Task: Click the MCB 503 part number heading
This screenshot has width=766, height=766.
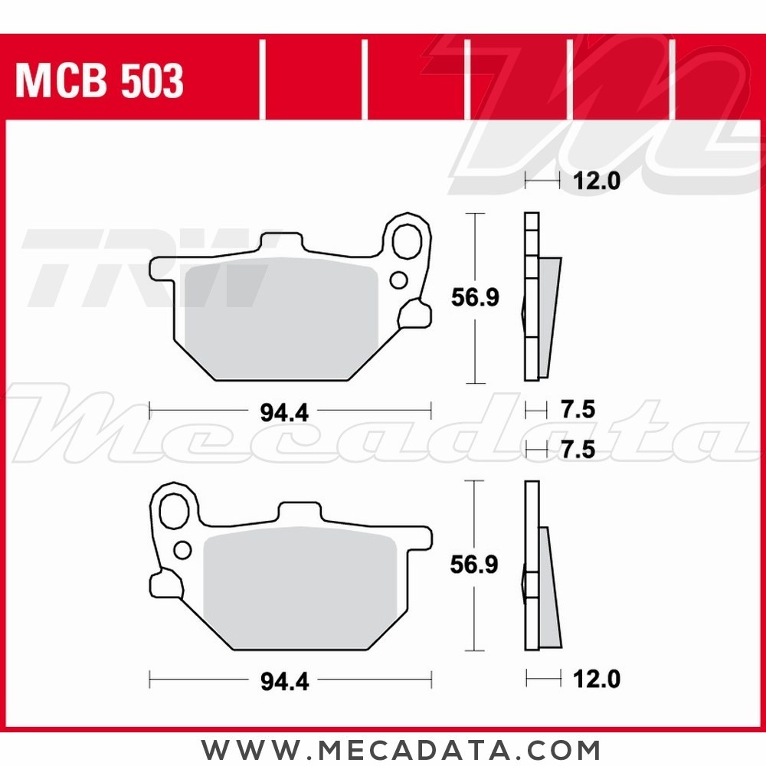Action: point(100,81)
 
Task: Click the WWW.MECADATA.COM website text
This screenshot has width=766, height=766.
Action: point(401,748)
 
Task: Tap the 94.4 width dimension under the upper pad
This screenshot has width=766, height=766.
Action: point(284,413)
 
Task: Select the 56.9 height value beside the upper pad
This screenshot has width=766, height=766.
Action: point(475,297)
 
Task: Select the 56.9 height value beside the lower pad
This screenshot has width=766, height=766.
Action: point(475,565)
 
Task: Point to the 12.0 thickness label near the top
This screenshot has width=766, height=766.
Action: point(596,182)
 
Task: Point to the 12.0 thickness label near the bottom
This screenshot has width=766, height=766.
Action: point(596,679)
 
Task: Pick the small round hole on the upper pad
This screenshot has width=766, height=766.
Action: point(398,280)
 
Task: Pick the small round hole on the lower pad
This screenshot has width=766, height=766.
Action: point(183,549)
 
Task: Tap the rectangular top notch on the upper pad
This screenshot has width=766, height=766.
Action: point(280,244)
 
